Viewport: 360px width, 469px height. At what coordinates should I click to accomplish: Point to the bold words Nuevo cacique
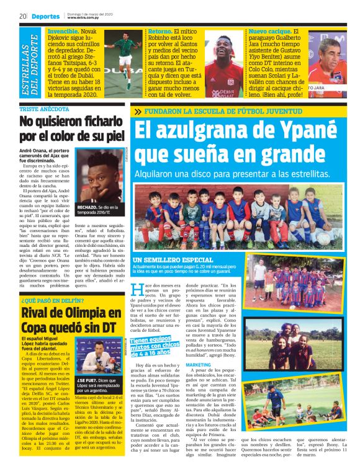point(269,31)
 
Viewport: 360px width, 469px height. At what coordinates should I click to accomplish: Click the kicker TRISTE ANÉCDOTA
point(46,109)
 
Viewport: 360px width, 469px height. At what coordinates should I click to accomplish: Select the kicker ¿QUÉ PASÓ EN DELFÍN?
point(51,301)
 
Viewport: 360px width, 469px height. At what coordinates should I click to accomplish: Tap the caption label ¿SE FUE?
point(87,379)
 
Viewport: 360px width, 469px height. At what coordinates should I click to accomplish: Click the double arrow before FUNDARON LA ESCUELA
point(137,112)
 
